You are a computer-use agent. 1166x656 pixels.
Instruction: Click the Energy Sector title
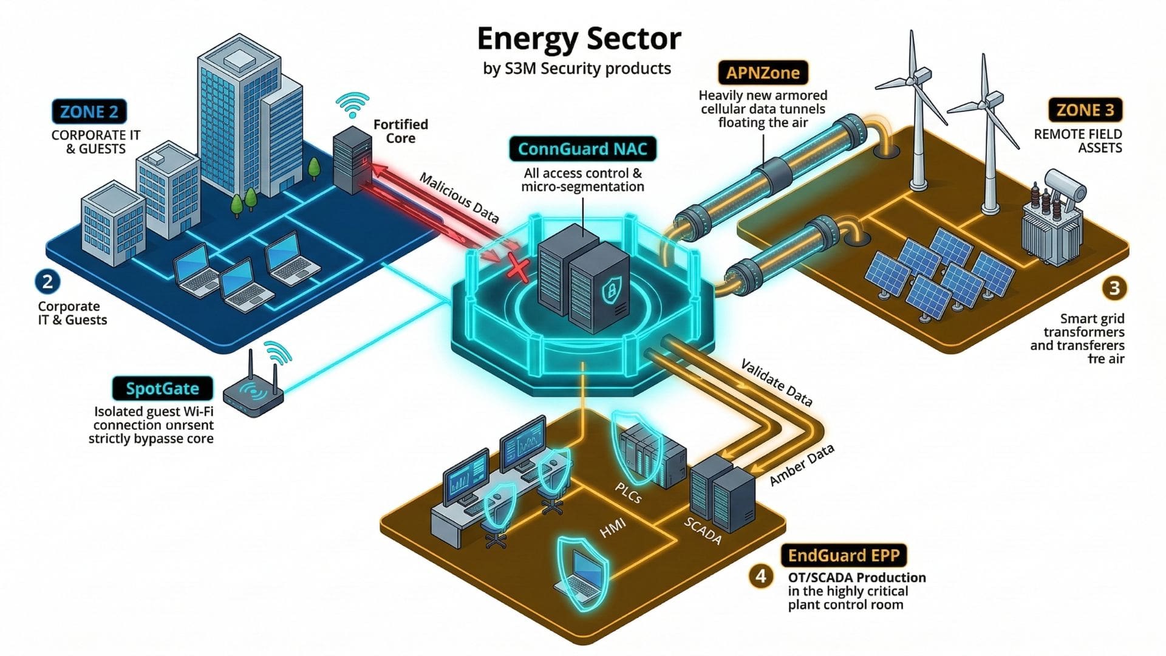click(x=579, y=39)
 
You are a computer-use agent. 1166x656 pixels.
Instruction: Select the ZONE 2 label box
click(x=89, y=112)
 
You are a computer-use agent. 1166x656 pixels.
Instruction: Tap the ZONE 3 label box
click(x=1085, y=110)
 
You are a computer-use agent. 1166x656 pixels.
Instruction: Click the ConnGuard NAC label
click(x=582, y=149)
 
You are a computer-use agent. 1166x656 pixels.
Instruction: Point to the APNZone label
click(x=763, y=73)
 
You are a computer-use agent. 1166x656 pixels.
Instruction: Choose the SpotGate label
click(x=162, y=389)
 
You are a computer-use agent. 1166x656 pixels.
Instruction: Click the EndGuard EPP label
click(x=844, y=555)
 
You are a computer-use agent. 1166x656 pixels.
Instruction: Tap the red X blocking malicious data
click(x=517, y=268)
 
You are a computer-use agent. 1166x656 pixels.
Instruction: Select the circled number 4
click(x=761, y=575)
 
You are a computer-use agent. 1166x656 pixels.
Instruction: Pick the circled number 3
click(x=1114, y=287)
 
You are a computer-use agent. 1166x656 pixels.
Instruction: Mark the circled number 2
click(x=47, y=282)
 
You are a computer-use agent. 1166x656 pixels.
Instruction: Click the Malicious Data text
click(x=459, y=198)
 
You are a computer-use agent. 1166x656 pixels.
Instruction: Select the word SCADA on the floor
click(x=703, y=531)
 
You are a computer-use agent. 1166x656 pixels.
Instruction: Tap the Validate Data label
click(x=776, y=383)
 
